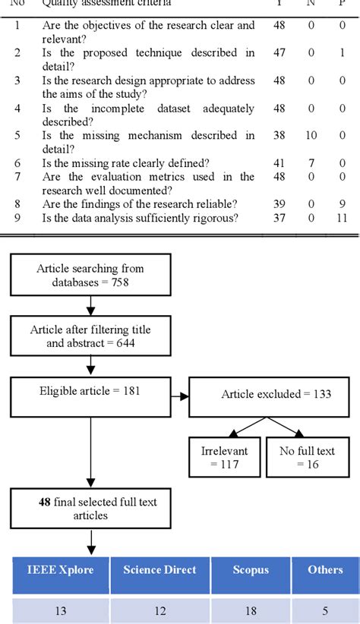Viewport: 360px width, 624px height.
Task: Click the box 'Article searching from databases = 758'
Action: pyautogui.click(x=90, y=276)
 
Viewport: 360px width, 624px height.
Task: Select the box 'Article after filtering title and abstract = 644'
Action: pyautogui.click(x=90, y=336)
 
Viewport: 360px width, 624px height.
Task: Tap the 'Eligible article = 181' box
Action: pyautogui.click(x=90, y=398)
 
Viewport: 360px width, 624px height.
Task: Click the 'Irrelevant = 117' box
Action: pyautogui.click(x=224, y=458)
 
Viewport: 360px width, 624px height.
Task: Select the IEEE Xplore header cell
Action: pyautogui.click(x=61, y=571)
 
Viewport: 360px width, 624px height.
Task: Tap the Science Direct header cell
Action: pyautogui.click(x=159, y=571)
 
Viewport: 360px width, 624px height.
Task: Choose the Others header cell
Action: pyautogui.click(x=324, y=571)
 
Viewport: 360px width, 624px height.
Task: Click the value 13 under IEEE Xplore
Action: pyautogui.click(x=61, y=610)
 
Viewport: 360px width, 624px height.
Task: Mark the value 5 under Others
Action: pyautogui.click(x=324, y=610)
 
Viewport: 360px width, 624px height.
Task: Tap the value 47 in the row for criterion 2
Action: pyautogui.click(x=278, y=53)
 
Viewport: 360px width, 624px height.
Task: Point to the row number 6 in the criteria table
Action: pyautogui.click(x=19, y=163)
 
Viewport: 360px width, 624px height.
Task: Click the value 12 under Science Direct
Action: pyautogui.click(x=159, y=610)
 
